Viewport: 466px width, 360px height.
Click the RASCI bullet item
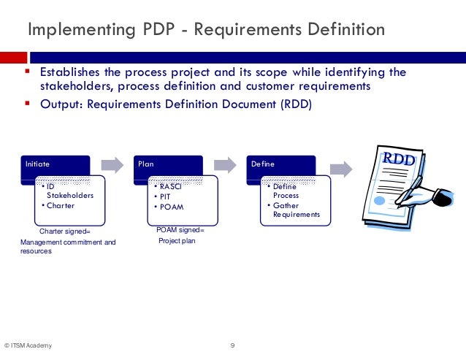pos(167,186)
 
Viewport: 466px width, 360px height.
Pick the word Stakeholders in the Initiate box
pos(70,196)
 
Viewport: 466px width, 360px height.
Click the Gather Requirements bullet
pos(295,210)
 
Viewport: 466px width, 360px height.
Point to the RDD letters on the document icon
pos(398,158)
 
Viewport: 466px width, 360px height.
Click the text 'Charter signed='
pos(65,231)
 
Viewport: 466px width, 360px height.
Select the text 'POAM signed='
pos(180,230)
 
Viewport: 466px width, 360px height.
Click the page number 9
pos(232,345)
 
